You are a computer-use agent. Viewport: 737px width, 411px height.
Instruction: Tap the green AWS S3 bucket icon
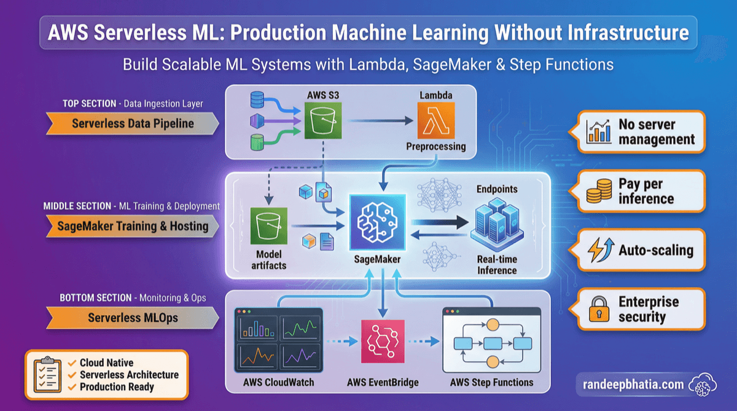click(322, 121)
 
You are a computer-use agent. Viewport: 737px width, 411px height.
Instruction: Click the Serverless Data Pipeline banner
click(132, 123)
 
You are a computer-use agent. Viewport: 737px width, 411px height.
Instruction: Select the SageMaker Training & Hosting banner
click(132, 225)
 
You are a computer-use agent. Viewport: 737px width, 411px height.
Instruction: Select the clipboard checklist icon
click(47, 374)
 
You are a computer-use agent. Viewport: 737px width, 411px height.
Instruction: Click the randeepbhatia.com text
click(632, 385)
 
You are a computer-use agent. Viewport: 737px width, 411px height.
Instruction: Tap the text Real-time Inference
click(497, 265)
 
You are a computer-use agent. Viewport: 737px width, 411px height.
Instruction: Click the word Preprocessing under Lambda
click(435, 147)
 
